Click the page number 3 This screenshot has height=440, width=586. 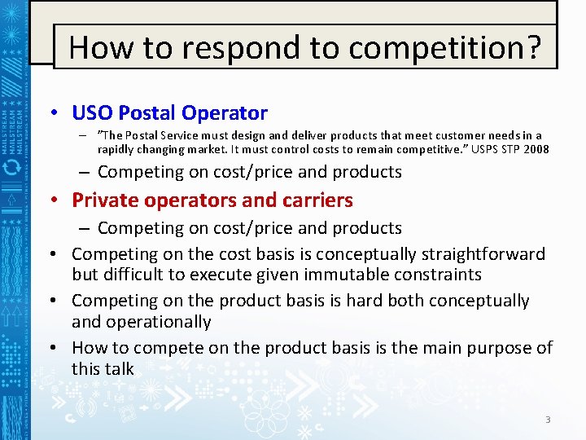coord(548,420)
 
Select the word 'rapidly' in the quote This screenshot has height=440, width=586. coord(118,149)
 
